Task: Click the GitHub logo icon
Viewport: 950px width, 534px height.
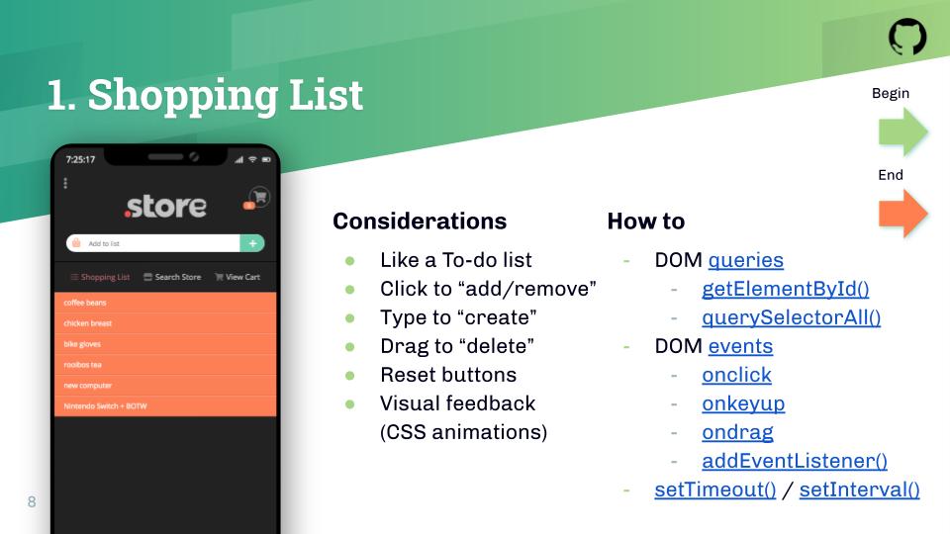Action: click(x=907, y=37)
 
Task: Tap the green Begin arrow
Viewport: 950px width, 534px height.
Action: click(x=902, y=132)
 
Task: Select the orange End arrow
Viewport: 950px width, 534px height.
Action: click(x=902, y=214)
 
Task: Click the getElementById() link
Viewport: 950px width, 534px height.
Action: click(x=785, y=289)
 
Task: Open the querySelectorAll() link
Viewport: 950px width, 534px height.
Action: click(x=792, y=317)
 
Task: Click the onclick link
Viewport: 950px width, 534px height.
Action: click(x=736, y=375)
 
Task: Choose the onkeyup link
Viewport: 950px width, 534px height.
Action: click(x=743, y=403)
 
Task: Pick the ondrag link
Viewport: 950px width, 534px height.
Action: click(x=737, y=432)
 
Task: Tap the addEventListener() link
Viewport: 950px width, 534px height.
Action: click(x=795, y=461)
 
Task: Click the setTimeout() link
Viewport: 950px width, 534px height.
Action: click(x=714, y=489)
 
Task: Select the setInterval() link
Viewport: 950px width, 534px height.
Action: click(x=859, y=489)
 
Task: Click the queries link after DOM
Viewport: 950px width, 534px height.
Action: click(x=746, y=260)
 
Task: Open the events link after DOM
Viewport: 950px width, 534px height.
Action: click(x=740, y=346)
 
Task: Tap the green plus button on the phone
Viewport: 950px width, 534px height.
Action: click(x=252, y=243)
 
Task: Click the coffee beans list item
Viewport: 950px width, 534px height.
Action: click(x=165, y=303)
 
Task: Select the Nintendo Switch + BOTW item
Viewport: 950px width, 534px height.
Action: click(x=165, y=406)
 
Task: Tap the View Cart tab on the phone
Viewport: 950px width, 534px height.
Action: click(x=237, y=277)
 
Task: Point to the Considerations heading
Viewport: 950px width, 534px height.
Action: click(x=420, y=221)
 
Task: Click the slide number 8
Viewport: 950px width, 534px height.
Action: click(x=32, y=501)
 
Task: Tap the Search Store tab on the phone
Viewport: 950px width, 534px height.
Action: click(x=172, y=277)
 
